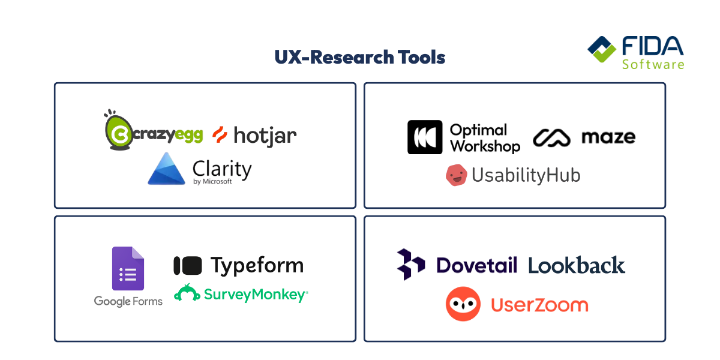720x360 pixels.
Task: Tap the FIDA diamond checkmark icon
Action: click(601, 50)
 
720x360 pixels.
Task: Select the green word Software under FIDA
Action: click(653, 64)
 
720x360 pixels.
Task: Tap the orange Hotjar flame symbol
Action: click(220, 135)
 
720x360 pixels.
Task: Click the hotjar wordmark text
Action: click(265, 136)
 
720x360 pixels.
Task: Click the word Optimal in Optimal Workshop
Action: click(478, 130)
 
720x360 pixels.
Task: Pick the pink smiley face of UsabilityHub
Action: click(456, 175)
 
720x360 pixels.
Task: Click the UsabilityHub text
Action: click(526, 175)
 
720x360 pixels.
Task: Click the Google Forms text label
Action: click(128, 301)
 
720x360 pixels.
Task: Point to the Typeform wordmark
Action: click(257, 265)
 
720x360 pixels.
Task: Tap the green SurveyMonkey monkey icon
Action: click(187, 293)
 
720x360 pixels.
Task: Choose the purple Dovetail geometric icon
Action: click(411, 263)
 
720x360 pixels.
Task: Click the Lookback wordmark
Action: click(577, 265)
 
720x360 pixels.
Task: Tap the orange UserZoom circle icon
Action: click(463, 304)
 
